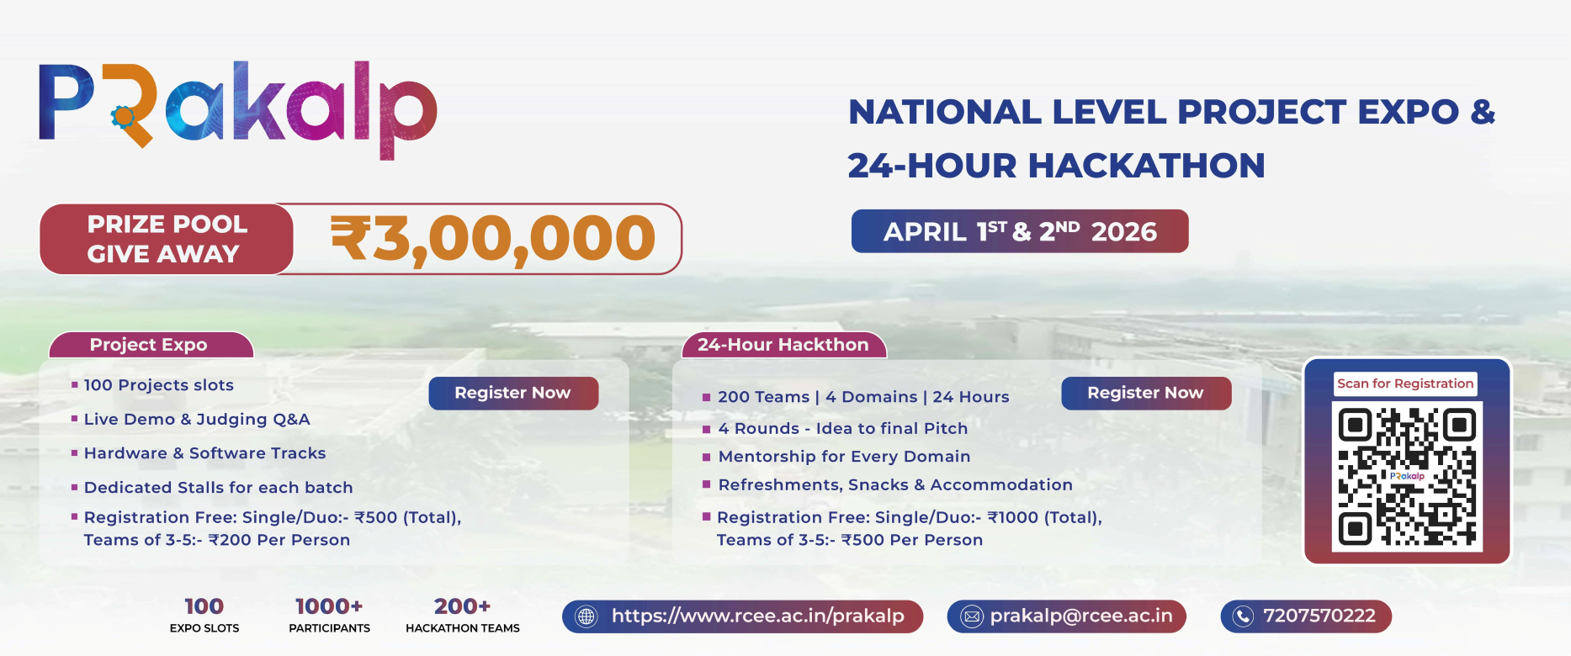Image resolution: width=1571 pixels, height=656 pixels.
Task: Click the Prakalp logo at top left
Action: (x=237, y=108)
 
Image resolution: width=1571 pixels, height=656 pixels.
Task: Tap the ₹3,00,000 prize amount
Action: (x=492, y=239)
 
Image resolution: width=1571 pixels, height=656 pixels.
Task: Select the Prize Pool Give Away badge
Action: (x=167, y=239)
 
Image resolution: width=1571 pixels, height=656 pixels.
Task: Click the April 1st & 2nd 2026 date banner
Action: (x=1020, y=231)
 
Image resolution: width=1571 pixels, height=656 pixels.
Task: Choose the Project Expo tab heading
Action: (x=149, y=345)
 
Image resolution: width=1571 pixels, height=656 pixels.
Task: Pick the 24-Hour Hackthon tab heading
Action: (x=783, y=345)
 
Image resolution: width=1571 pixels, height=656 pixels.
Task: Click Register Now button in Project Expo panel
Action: (x=513, y=393)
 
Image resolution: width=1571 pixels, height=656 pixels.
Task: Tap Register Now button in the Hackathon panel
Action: (x=1145, y=393)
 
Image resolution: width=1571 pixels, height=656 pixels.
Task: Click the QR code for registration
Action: (x=1407, y=476)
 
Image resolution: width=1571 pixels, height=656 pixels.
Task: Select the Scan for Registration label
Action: (x=1405, y=384)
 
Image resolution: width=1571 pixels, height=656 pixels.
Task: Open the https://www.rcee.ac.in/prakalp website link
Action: (x=757, y=616)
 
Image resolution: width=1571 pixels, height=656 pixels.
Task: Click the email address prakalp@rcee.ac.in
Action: (x=1080, y=616)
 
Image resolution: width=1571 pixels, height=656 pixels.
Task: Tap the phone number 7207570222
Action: (x=1319, y=616)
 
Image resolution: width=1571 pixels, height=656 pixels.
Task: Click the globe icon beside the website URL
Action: (x=586, y=616)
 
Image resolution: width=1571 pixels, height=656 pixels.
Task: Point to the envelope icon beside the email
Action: (x=971, y=616)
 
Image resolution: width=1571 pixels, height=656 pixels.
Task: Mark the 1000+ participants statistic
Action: (x=329, y=614)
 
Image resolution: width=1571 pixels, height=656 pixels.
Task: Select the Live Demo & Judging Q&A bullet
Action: (x=197, y=419)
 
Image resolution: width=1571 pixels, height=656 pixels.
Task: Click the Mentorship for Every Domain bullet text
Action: (x=844, y=457)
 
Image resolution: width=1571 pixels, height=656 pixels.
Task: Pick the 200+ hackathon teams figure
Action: (x=462, y=614)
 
